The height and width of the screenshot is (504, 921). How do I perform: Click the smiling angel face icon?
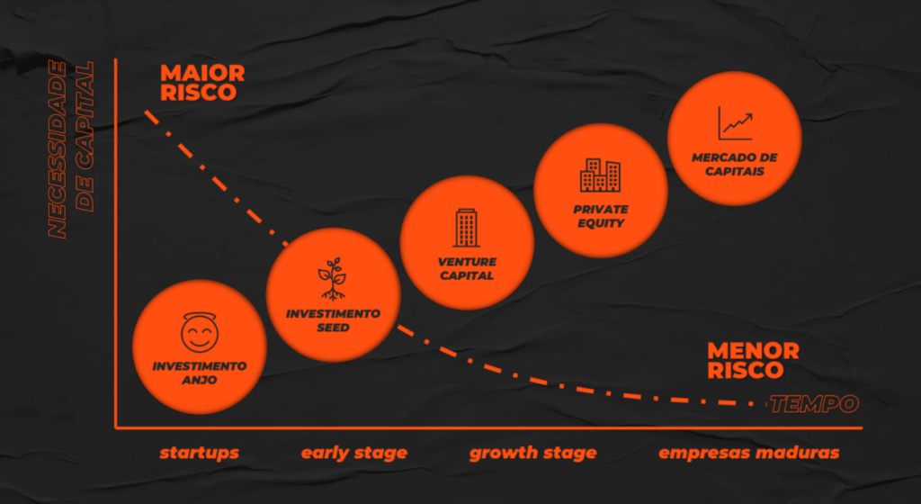point(199,333)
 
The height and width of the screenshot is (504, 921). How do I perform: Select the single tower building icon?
point(466,228)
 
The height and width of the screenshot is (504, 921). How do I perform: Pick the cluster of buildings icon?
point(600,175)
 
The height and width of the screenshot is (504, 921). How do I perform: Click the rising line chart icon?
point(735,123)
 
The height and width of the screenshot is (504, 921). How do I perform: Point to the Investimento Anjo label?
point(199,373)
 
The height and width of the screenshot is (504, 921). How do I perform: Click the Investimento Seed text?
point(333,320)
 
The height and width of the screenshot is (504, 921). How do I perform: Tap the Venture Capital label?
point(467,268)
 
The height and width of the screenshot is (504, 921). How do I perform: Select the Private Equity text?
point(600,216)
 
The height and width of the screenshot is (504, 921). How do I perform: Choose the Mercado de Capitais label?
point(734,164)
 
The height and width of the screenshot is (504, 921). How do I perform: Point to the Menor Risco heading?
point(753,360)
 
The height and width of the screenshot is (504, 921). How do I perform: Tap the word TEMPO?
point(813,404)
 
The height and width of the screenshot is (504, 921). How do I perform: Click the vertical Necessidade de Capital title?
point(70,149)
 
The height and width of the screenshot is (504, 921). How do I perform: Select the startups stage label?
point(199,453)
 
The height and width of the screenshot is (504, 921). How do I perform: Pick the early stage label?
point(353,453)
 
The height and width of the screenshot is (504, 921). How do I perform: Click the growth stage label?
point(532,453)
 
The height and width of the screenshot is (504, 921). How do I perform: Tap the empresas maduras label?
point(748,453)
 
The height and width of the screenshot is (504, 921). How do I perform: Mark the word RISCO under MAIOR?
point(198,93)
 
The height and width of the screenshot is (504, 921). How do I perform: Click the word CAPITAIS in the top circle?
point(734,171)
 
